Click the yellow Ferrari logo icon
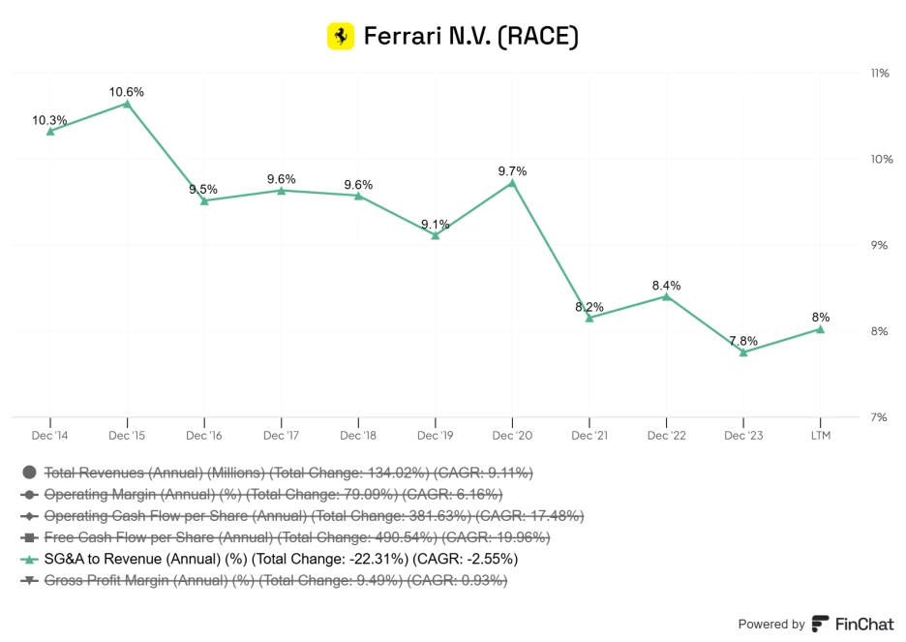341,37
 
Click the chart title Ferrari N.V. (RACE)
470,37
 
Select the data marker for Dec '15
127,103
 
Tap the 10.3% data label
49,121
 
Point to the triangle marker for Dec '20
512,182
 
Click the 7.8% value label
743,341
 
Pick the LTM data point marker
820,329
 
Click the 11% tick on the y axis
879,74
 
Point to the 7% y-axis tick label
879,417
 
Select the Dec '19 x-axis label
435,436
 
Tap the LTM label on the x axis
820,436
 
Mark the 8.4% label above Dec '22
666,286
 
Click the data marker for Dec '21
589,318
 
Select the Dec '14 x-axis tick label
49,436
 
